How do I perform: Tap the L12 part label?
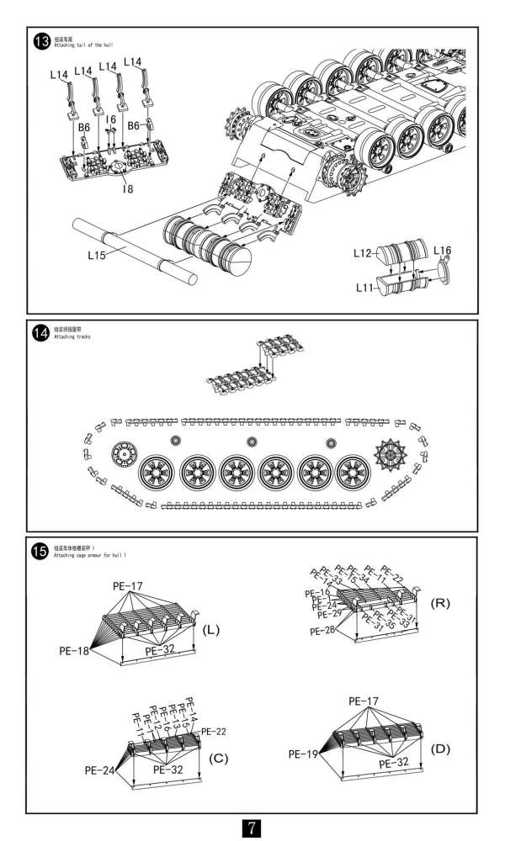click(x=363, y=252)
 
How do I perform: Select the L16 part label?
click(x=443, y=251)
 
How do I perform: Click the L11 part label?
click(x=363, y=288)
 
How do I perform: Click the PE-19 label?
click(x=301, y=754)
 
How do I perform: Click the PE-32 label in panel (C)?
click(x=169, y=769)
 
